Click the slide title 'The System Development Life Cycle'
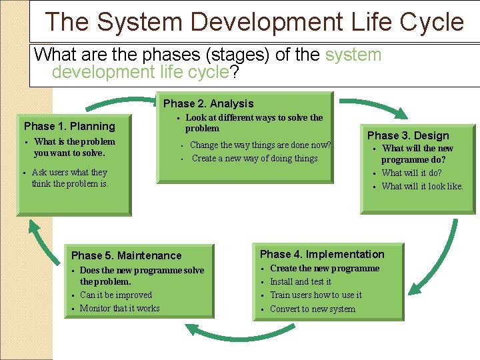pyautogui.click(x=254, y=22)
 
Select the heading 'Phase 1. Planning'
pyautogui.click(x=69, y=126)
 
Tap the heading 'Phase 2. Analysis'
pyautogui.click(x=208, y=103)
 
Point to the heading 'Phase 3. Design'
pyautogui.click(x=408, y=135)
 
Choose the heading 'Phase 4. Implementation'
pyautogui.click(x=322, y=254)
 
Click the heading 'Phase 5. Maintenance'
pyautogui.click(x=126, y=255)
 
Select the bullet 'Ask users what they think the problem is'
pyautogui.click(x=69, y=178)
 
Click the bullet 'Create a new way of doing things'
pyautogui.click(x=254, y=159)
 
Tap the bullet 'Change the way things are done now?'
pyautogui.click(x=260, y=145)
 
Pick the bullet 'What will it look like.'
pyautogui.click(x=422, y=187)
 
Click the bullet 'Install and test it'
pyautogui.click(x=300, y=282)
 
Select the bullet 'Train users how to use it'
pyautogui.click(x=315, y=295)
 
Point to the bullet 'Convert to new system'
pyautogui.click(x=312, y=309)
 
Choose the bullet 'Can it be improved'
pyautogui.click(x=115, y=295)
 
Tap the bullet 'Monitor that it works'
pyautogui.click(x=119, y=309)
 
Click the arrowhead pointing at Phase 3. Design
pyautogui.click(x=402, y=113)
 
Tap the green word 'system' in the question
pyautogui.click(x=353, y=55)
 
